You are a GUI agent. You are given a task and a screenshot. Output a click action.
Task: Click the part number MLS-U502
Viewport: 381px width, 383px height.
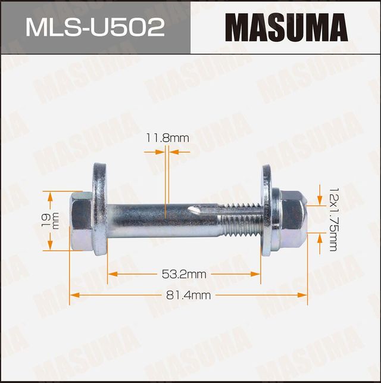pyautogui.click(x=95, y=27)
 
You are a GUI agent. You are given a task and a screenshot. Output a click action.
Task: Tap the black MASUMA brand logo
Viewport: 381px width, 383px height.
pyautogui.click(x=286, y=27)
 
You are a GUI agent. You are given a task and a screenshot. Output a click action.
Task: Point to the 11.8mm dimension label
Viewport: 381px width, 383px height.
pyautogui.click(x=167, y=138)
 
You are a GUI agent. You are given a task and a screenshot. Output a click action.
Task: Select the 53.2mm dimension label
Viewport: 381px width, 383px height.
pyautogui.click(x=184, y=274)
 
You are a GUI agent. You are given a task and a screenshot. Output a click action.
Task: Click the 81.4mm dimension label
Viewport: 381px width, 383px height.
pyautogui.click(x=188, y=294)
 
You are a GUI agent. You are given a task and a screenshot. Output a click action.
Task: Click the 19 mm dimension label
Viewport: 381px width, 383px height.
pyautogui.click(x=52, y=221)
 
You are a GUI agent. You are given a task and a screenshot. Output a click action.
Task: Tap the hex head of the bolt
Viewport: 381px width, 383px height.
pyautogui.click(x=81, y=221)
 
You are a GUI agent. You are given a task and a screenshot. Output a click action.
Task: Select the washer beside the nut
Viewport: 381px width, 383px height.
pyautogui.click(x=266, y=211)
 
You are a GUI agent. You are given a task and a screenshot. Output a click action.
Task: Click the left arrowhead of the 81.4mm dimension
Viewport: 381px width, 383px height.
pyautogui.click(x=74, y=294)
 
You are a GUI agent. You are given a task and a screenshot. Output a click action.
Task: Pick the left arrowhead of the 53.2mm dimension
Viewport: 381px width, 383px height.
pyautogui.click(x=111, y=274)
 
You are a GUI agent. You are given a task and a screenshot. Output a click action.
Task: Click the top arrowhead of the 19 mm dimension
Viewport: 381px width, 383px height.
pyautogui.click(x=51, y=195)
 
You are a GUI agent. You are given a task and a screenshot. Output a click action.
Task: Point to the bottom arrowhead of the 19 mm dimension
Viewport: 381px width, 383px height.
pyautogui.click(x=51, y=246)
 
